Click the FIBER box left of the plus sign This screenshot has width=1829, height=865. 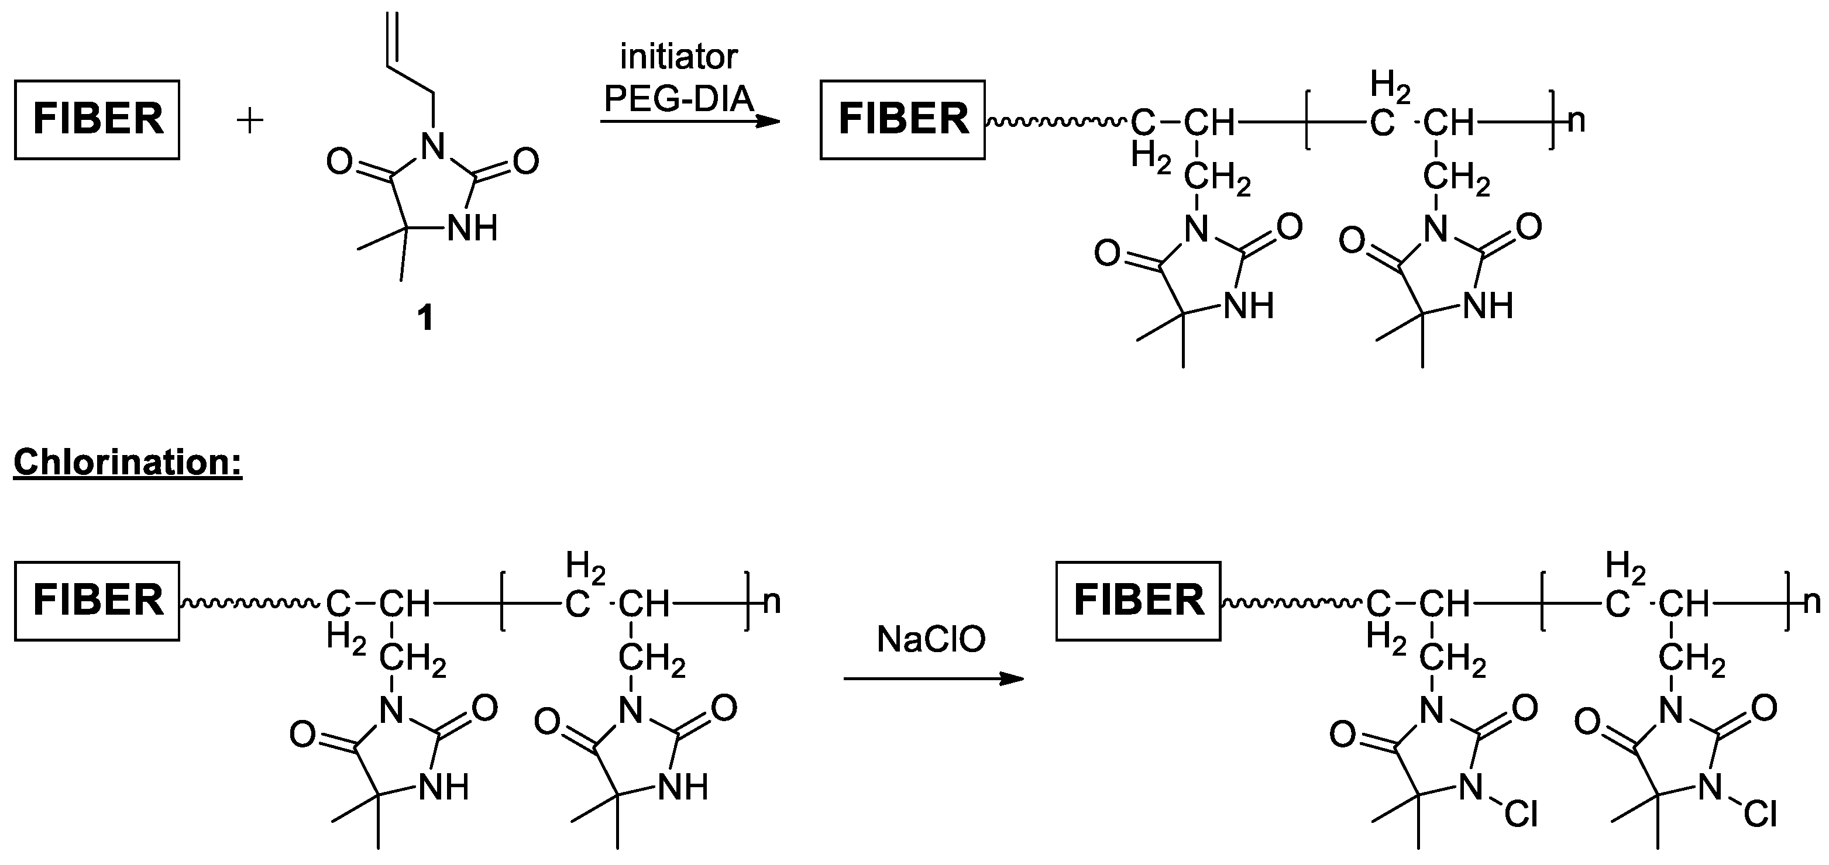point(97,119)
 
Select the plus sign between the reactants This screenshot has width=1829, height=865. point(250,120)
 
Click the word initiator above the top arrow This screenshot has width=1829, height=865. point(679,57)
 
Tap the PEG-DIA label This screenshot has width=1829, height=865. point(678,99)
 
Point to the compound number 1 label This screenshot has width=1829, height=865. point(425,319)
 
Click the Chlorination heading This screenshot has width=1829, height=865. point(128,463)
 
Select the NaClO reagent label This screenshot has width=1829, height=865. point(931,640)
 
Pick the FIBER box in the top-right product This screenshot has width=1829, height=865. point(902,119)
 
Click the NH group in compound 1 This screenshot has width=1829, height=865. point(472,229)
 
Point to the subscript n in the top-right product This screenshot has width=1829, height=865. point(1576,120)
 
